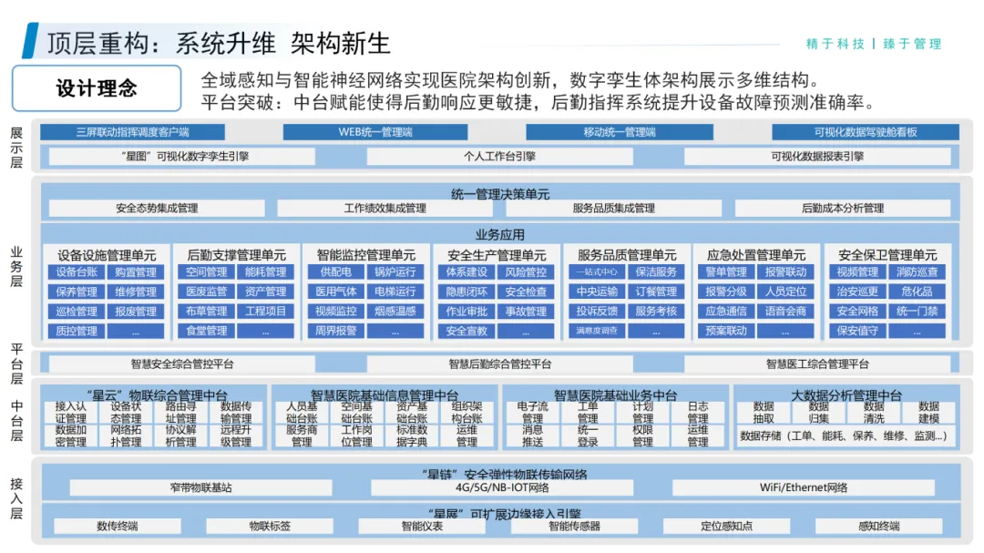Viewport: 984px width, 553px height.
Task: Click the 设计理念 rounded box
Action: point(97,88)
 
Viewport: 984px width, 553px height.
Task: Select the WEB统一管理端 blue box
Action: point(375,132)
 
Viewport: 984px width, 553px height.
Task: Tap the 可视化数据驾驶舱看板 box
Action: point(865,132)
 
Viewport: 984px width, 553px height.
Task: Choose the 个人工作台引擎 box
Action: point(499,157)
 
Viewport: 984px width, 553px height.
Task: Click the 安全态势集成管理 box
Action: point(157,209)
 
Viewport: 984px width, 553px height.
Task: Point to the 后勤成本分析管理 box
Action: point(842,209)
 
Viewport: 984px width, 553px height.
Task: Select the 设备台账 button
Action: point(76,272)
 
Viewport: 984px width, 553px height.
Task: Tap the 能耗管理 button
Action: point(265,272)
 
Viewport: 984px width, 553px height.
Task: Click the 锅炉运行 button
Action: point(395,272)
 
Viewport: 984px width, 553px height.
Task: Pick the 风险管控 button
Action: point(526,272)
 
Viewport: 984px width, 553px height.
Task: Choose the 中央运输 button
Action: point(597,292)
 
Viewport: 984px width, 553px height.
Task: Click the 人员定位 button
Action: point(785,292)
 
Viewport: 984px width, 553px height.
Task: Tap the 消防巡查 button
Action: point(917,272)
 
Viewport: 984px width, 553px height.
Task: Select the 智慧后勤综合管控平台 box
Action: point(499,364)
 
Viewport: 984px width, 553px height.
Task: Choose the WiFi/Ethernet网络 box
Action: point(804,488)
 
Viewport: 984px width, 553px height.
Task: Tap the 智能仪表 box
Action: point(421,527)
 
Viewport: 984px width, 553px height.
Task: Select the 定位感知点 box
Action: point(726,527)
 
